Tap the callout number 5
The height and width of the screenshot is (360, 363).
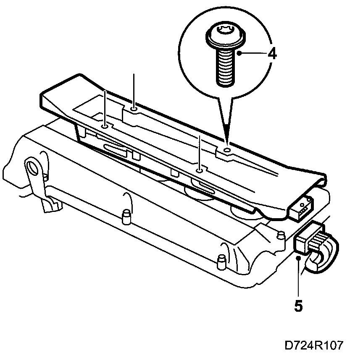298,306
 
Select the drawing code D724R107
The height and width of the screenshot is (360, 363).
314,345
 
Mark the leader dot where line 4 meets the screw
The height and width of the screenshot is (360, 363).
239,54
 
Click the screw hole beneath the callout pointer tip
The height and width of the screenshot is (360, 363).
227,149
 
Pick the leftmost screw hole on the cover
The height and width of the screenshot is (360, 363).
105,125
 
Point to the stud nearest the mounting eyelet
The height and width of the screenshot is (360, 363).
125,217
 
